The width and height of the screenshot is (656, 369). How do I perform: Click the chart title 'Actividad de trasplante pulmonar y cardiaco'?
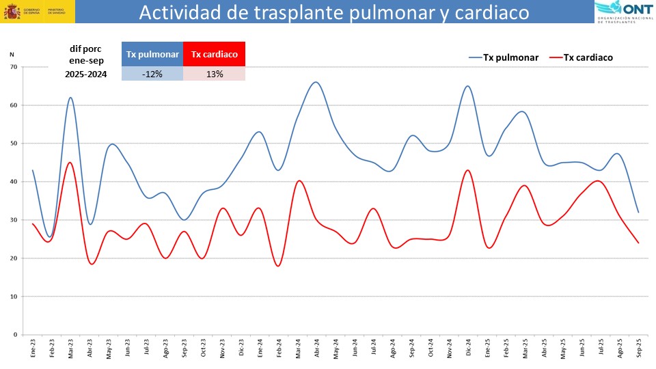334,12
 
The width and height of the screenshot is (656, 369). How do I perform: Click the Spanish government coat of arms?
12,12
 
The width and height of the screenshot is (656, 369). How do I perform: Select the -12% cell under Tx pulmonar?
152,74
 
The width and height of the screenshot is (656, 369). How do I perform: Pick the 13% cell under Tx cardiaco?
215,74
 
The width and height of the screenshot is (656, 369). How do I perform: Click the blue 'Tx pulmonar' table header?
152,54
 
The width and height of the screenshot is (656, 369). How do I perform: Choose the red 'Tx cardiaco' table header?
215,54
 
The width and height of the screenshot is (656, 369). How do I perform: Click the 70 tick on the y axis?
13,67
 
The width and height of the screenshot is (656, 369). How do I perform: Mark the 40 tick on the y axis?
13,182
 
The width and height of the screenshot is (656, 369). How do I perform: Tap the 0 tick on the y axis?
14,335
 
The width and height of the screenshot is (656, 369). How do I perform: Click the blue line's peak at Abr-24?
315,82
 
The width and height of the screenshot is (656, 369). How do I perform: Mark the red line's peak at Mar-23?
70,162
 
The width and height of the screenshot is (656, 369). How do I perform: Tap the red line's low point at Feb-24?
278,266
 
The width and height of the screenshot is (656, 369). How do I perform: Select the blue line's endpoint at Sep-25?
639,213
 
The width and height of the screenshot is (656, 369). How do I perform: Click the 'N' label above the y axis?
12,53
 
